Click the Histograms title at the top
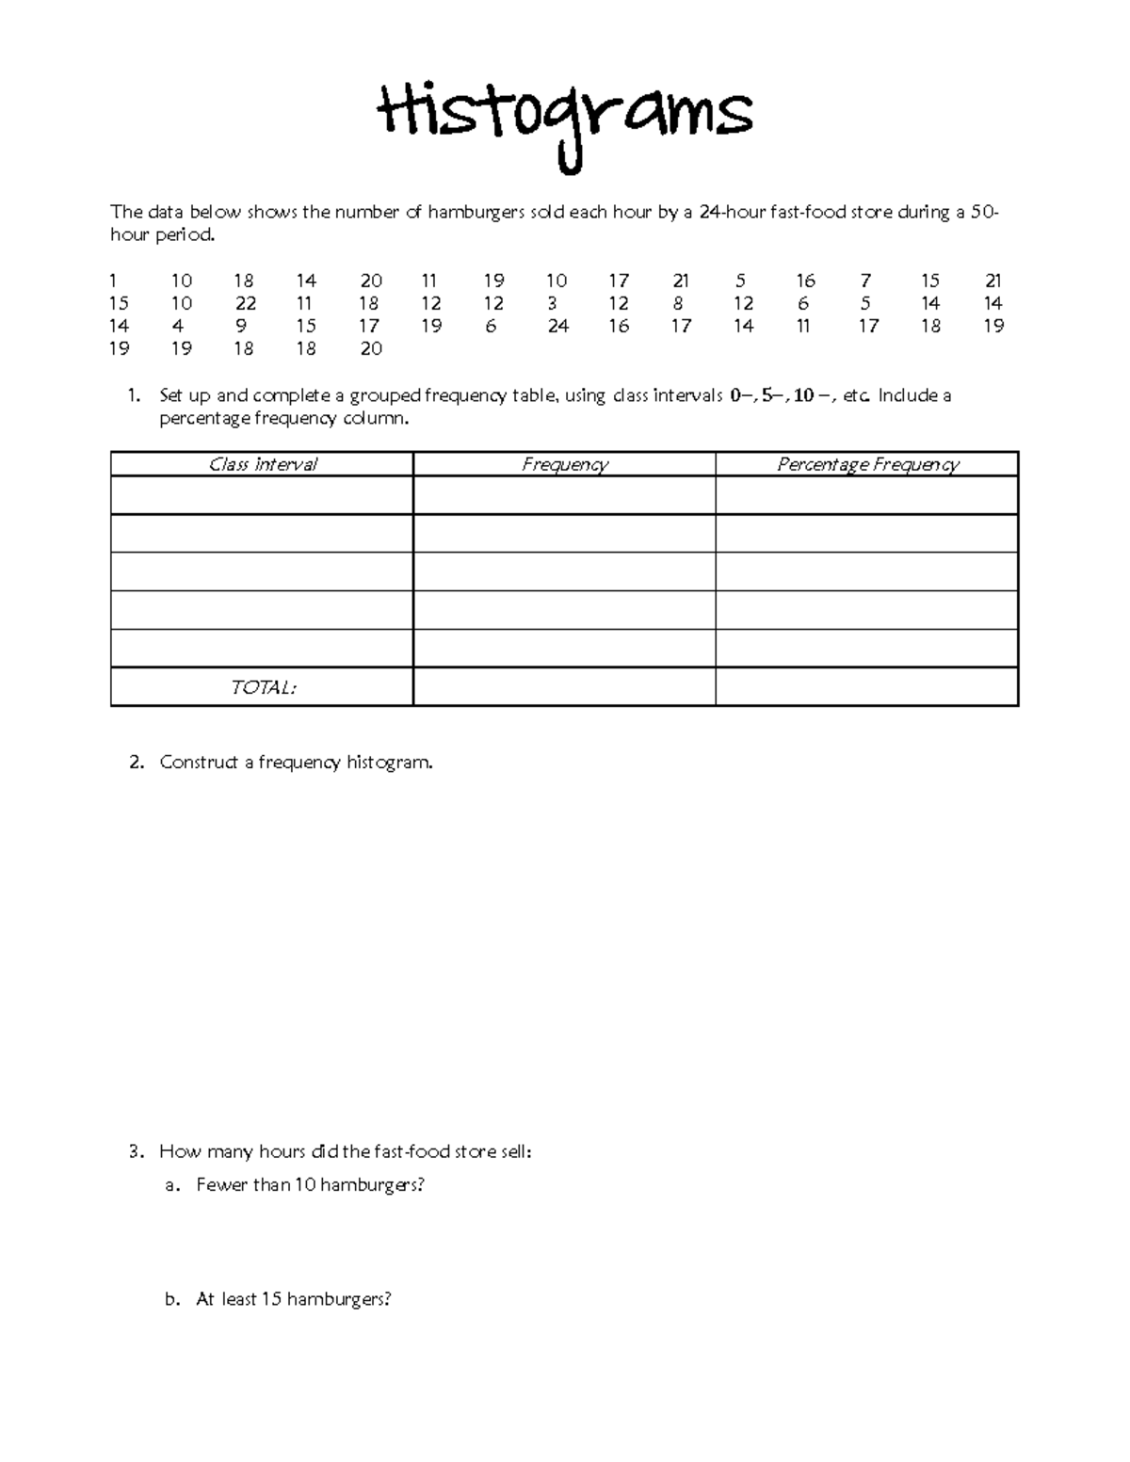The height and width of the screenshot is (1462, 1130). tap(565, 118)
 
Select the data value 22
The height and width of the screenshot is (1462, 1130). tap(244, 303)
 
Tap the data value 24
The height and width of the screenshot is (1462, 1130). tap(557, 326)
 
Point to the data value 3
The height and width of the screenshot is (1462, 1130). tap(552, 303)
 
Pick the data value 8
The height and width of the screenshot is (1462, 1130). tap(678, 303)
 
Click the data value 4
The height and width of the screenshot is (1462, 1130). tap(178, 326)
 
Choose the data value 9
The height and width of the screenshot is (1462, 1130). tap(241, 326)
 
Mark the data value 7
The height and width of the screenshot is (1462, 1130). tap(865, 281)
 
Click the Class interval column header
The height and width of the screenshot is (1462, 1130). tap(262, 464)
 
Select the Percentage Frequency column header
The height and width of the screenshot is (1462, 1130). tap(866, 464)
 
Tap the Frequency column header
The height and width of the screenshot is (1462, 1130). tap(564, 464)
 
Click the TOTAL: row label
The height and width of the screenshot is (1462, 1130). tap(263, 687)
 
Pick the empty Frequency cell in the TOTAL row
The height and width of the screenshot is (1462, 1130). tap(564, 686)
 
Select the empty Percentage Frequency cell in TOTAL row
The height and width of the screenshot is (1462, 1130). tap(866, 686)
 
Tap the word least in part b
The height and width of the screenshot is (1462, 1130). tap(239, 1299)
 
